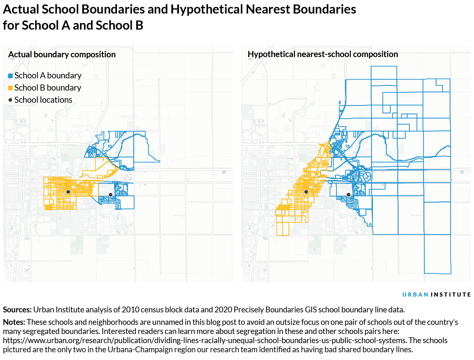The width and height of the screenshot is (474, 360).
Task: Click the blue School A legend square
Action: click(x=11, y=76)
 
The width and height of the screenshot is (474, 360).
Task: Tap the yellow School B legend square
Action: click(x=11, y=88)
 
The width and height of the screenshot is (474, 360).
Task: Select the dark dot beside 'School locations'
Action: click(x=11, y=100)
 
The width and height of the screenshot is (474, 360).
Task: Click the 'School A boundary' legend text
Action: click(x=48, y=76)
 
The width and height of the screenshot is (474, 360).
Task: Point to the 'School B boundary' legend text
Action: click(x=48, y=88)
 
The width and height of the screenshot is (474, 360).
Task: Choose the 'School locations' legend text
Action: click(x=43, y=100)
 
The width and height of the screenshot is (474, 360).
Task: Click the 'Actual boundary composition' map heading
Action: click(x=62, y=55)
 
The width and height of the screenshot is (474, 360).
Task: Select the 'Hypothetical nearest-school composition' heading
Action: click(x=323, y=54)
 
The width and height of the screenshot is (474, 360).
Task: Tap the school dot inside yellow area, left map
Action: click(x=68, y=192)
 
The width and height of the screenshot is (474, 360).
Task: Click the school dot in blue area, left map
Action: click(x=110, y=195)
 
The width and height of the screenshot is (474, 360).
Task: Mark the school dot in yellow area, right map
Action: click(x=306, y=192)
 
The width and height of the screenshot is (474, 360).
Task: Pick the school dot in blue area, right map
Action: click(x=348, y=195)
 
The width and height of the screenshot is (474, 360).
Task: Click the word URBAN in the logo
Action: click(x=415, y=295)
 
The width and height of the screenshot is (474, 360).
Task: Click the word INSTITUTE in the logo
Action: click(x=451, y=295)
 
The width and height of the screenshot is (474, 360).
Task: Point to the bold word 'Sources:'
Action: click(x=17, y=310)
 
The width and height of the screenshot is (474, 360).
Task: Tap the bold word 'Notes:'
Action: click(x=14, y=322)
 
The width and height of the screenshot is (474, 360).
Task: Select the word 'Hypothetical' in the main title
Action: click(x=206, y=9)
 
